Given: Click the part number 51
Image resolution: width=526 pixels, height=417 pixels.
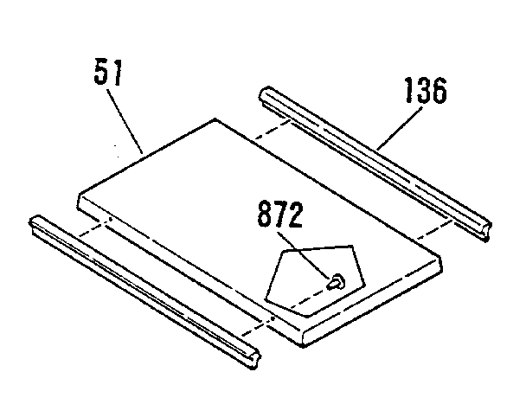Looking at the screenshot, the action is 108,72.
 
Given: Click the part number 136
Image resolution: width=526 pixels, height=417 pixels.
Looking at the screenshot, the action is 426,90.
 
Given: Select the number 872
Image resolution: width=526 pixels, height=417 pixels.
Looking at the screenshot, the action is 280,214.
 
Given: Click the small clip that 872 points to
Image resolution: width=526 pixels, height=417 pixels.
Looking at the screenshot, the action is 336,282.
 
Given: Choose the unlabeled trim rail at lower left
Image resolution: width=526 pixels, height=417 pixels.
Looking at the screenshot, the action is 144,292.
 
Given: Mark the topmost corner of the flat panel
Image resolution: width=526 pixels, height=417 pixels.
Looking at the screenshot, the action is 215,119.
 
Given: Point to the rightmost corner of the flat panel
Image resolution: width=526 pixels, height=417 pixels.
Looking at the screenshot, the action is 441,259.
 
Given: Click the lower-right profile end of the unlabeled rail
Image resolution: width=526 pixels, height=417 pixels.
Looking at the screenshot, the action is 254,361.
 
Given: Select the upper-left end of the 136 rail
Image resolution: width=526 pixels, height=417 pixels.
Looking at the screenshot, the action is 265,94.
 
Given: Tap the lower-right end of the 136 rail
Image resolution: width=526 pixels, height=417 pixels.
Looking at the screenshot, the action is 486,232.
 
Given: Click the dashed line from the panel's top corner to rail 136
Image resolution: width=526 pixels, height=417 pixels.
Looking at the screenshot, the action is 273,129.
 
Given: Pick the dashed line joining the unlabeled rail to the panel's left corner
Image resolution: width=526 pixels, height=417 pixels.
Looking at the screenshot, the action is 94,228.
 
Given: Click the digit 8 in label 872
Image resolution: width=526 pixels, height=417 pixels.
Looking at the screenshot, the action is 265,214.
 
